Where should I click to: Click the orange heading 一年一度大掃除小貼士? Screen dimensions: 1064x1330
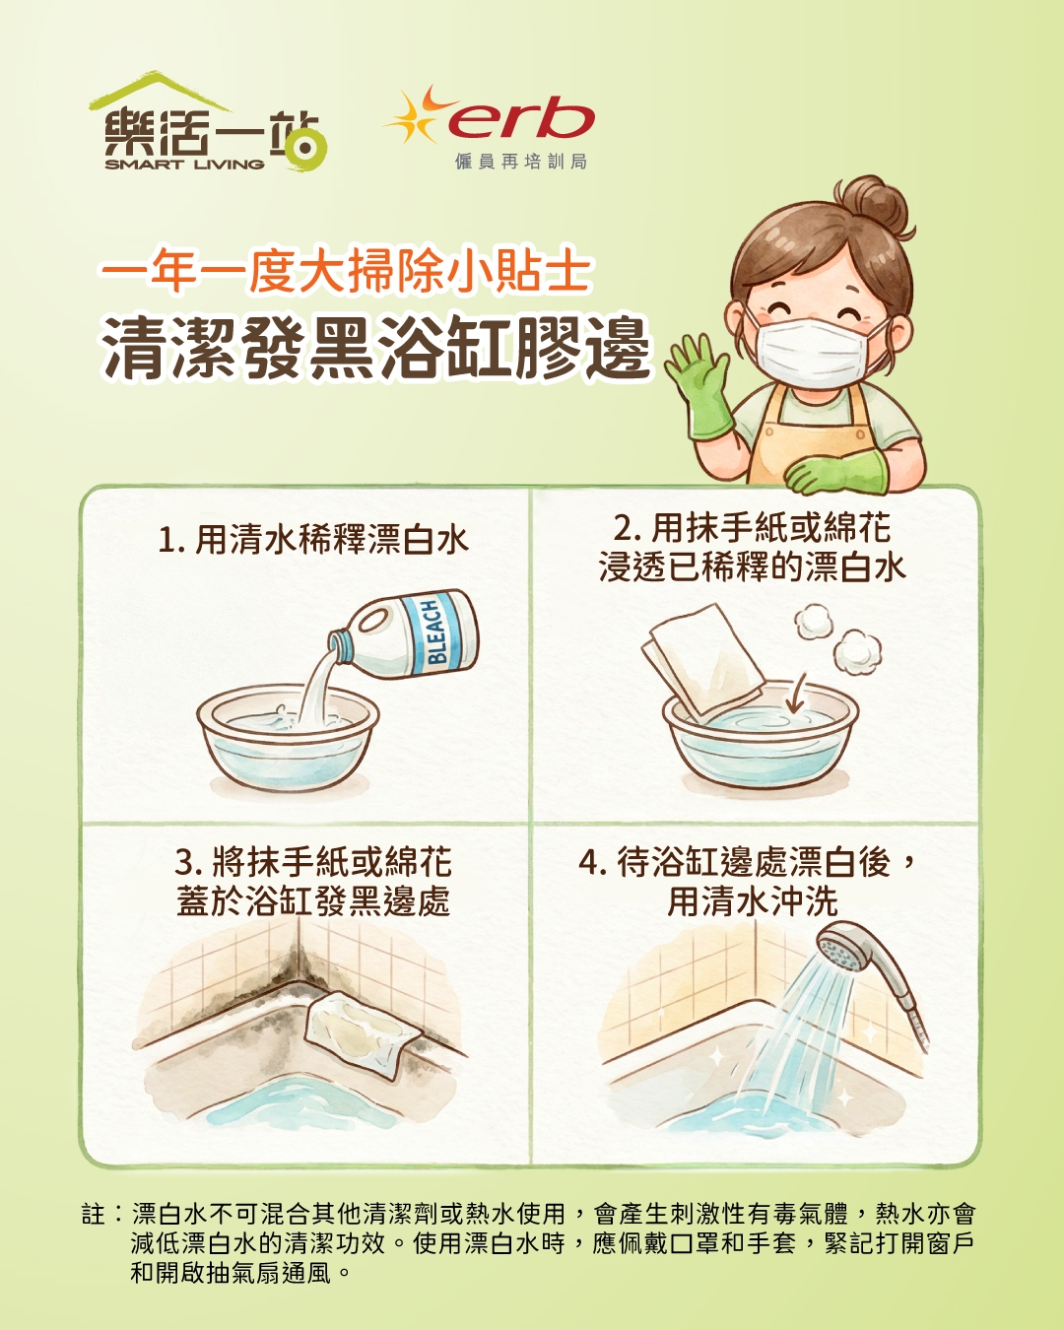coord(345,271)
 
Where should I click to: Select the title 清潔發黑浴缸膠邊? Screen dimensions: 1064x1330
coord(376,349)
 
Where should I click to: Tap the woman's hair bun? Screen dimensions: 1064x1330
coord(874,205)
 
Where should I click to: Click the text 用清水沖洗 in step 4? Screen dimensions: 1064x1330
coord(753,901)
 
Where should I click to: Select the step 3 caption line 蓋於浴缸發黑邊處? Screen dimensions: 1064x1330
coord(313,901)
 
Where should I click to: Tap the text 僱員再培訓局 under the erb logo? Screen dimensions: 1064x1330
coord(520,162)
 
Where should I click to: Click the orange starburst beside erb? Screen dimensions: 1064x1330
coord(417,115)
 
